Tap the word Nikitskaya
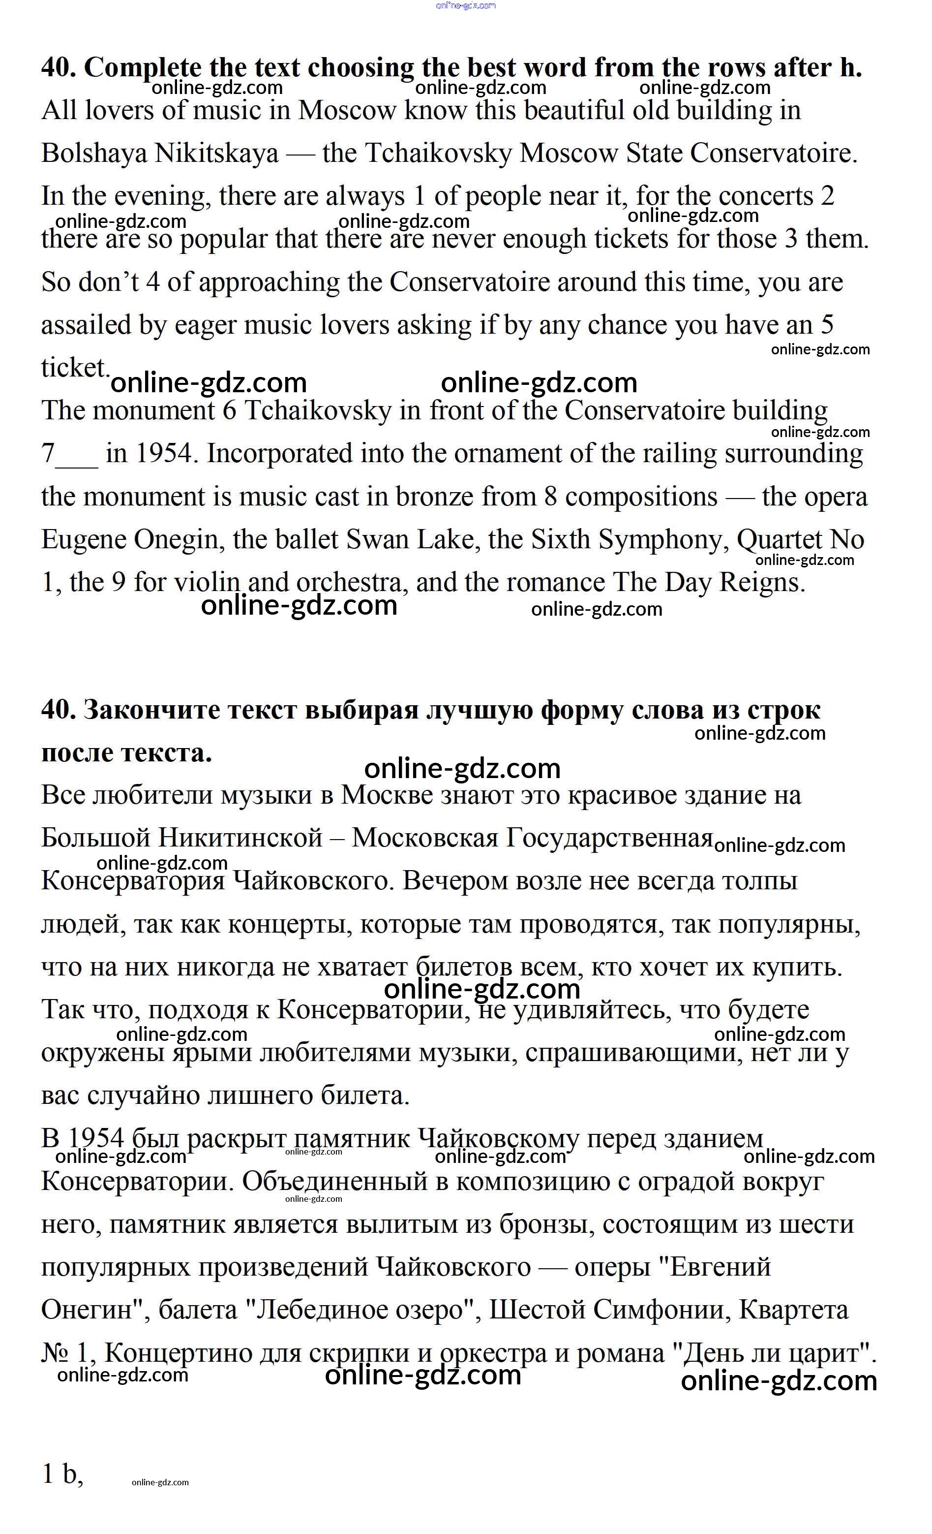tap(216, 153)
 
